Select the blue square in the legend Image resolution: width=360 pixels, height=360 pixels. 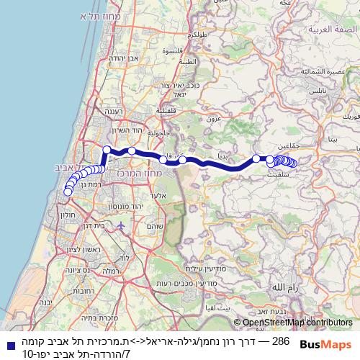[6, 343]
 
